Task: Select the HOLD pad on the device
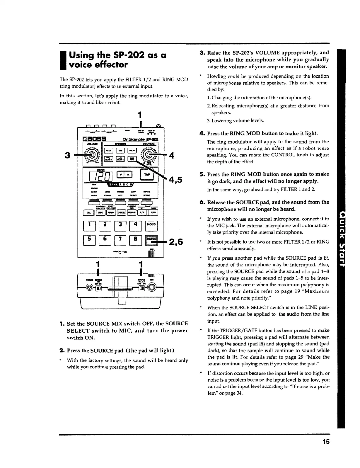point(151,225)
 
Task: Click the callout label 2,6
point(176,242)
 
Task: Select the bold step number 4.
point(202,134)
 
